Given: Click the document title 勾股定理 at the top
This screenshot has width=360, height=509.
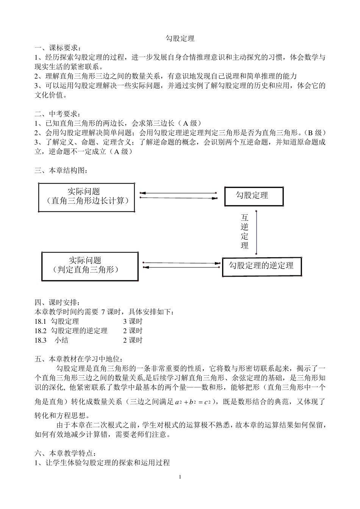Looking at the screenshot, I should (180, 39).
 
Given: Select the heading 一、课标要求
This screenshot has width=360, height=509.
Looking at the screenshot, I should (58, 48).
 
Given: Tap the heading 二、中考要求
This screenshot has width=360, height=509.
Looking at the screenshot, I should (58, 114).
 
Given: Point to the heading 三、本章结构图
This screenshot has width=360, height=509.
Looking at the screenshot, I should (61, 170).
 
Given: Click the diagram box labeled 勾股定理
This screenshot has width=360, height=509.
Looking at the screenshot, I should (254, 196).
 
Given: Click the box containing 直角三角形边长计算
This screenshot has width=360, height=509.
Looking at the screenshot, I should (86, 197).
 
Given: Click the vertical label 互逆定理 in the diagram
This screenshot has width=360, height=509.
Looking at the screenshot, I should (244, 231).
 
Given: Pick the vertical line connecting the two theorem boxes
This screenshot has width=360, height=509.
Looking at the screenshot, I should (256, 232).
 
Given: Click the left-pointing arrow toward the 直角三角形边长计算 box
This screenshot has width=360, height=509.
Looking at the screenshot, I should (178, 193).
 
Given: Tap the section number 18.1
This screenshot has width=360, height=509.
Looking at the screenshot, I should (40, 322).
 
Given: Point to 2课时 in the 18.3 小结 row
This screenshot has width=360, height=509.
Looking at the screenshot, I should (133, 340).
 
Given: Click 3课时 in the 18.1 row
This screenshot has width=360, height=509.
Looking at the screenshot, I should (133, 322).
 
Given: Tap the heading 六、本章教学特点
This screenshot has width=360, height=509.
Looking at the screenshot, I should (65, 453).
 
